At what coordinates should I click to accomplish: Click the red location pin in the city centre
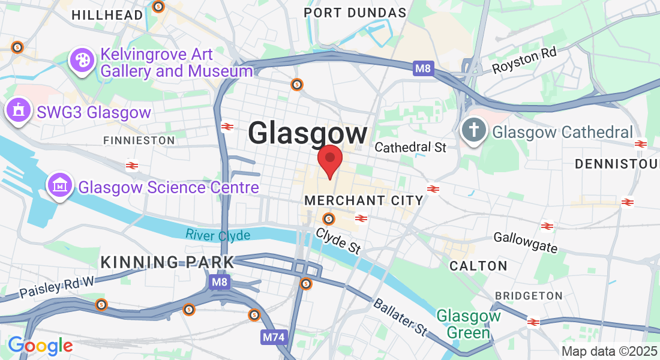[329, 160]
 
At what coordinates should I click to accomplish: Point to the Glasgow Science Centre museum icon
[60, 186]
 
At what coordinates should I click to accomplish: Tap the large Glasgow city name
[307, 133]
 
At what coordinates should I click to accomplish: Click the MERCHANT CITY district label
[364, 200]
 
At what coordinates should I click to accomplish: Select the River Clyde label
[217, 235]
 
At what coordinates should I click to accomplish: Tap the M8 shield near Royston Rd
[424, 68]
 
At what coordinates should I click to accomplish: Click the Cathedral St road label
[410, 147]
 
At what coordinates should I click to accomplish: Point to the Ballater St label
[400, 315]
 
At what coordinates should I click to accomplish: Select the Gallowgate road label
[526, 242]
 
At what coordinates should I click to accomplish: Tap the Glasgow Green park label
[468, 323]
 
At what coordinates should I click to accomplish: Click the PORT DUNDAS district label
[355, 13]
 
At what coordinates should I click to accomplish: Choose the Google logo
[40, 345]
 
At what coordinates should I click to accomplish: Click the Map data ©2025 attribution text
[608, 351]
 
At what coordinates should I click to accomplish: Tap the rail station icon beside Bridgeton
[533, 322]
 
